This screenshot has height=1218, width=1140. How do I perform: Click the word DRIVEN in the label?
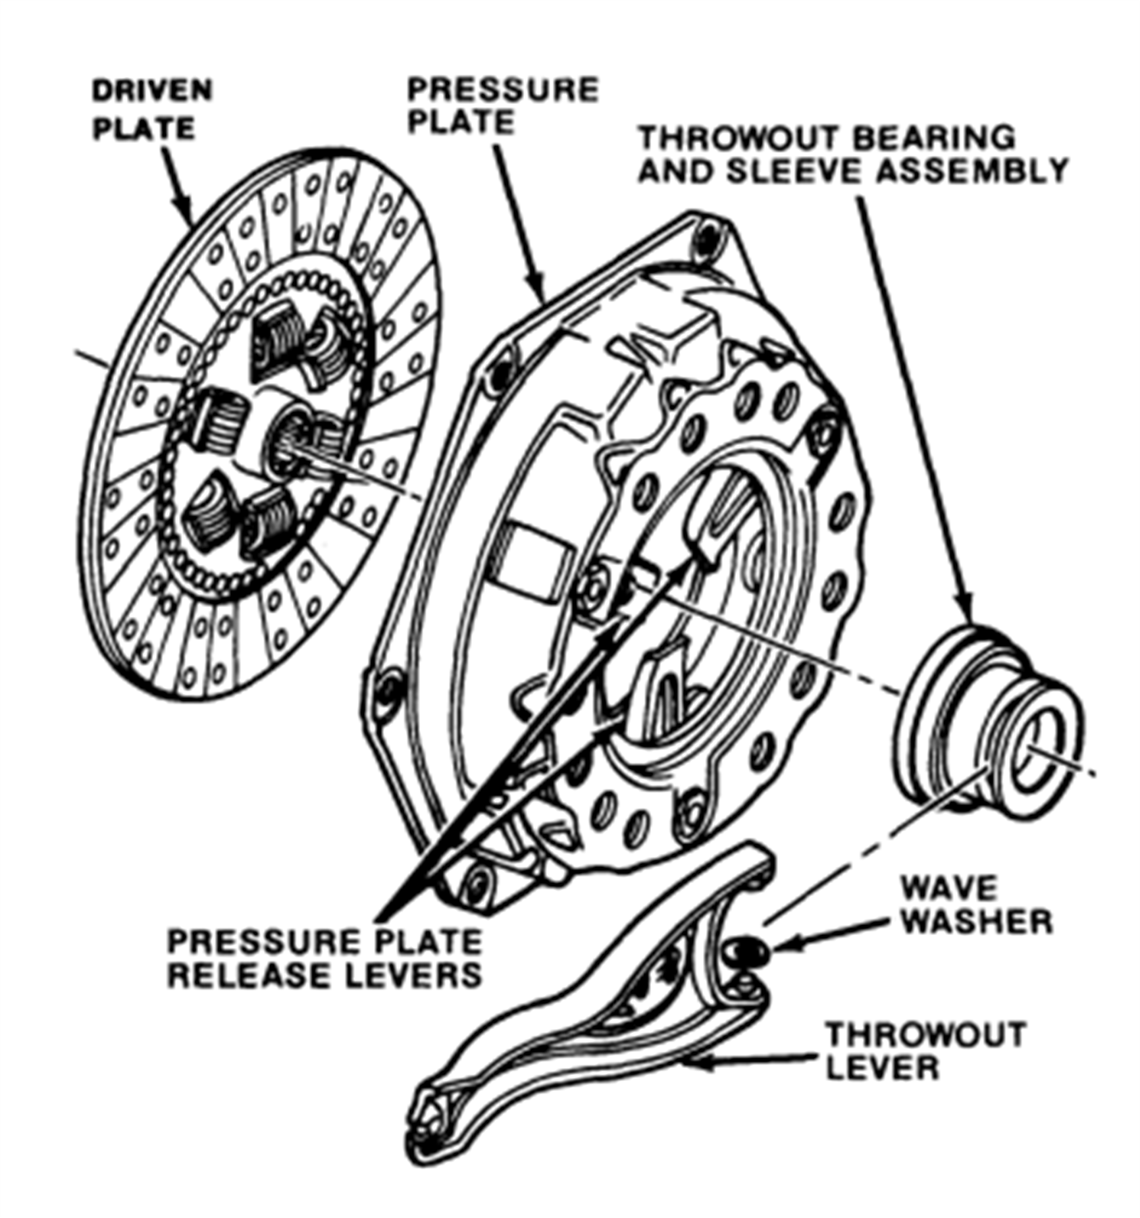tap(152, 91)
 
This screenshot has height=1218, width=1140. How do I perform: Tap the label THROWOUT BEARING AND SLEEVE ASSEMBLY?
tap(853, 155)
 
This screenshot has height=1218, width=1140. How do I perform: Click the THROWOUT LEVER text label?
tap(925, 1051)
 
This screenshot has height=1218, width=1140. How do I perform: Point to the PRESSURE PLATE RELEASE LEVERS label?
tap(325, 959)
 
